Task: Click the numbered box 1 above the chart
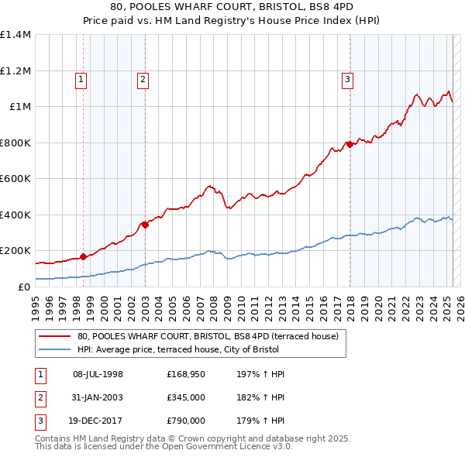[x=81, y=78]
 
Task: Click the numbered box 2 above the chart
[x=143, y=78]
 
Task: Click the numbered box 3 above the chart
[x=348, y=78]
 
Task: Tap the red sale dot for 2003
[x=145, y=225]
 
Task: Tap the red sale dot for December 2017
[x=350, y=144]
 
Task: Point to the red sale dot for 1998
[x=83, y=256]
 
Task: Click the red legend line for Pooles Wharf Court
[x=54, y=337]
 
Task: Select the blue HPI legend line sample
[x=54, y=349]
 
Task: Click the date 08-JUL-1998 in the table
[x=98, y=374]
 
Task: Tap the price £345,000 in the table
[x=186, y=397]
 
